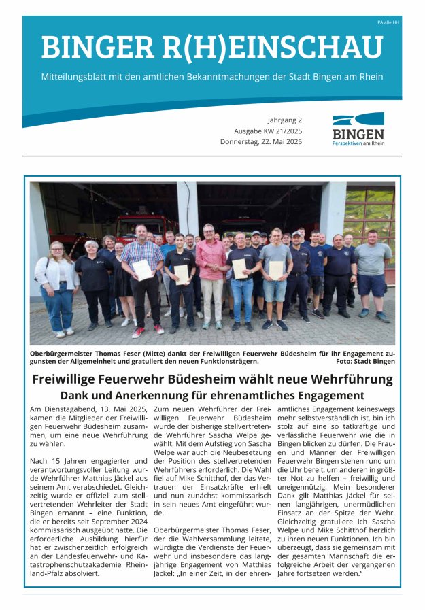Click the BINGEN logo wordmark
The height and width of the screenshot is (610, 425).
coord(358,134)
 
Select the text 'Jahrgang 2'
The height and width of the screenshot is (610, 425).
coord(285,120)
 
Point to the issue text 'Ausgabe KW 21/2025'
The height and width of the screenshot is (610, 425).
coord(268,131)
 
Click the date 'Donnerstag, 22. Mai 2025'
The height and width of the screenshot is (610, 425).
coord(261,142)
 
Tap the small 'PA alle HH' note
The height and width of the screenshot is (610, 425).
coord(389,22)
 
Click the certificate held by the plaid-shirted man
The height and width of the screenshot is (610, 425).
coord(143,270)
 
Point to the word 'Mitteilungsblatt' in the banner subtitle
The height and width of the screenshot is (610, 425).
coord(78,77)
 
